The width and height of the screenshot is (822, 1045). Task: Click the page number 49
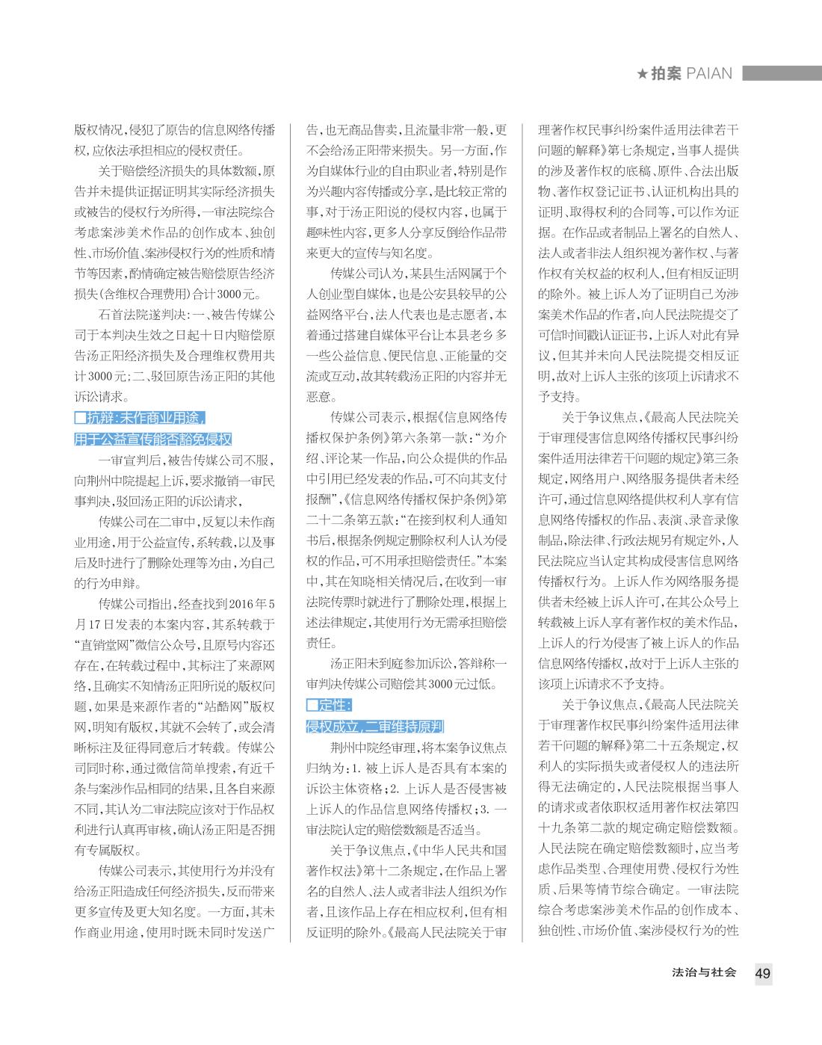pos(763,973)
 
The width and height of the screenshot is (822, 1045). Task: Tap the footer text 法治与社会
pos(705,973)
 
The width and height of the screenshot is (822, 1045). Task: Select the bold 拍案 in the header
pos(666,73)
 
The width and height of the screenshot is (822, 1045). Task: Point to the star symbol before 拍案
pos(642,74)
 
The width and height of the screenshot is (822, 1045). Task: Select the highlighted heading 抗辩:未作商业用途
pos(140,418)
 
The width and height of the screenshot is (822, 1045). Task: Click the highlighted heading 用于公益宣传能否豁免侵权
pos(153,439)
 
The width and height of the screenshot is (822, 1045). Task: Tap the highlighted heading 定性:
pos(330,705)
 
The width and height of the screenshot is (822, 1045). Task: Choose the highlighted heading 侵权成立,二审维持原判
pos(375,726)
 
